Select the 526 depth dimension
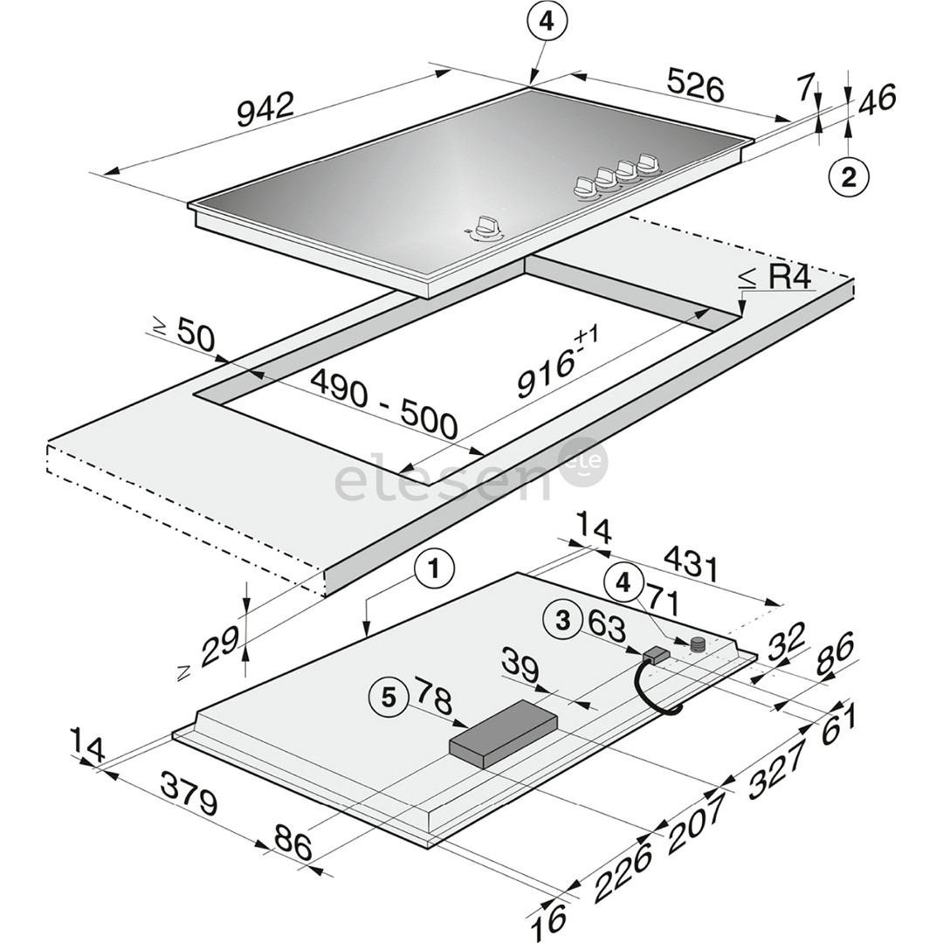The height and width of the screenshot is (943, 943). click(695, 86)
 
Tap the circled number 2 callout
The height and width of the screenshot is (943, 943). click(848, 177)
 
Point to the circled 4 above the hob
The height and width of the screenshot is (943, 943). click(546, 24)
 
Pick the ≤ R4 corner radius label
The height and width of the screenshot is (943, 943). click(776, 279)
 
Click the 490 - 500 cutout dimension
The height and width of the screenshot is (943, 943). click(384, 403)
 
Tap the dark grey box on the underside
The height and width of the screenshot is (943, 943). click(503, 731)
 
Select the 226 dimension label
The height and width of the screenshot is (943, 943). click(623, 872)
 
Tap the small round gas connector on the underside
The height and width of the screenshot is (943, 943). click(697, 645)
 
